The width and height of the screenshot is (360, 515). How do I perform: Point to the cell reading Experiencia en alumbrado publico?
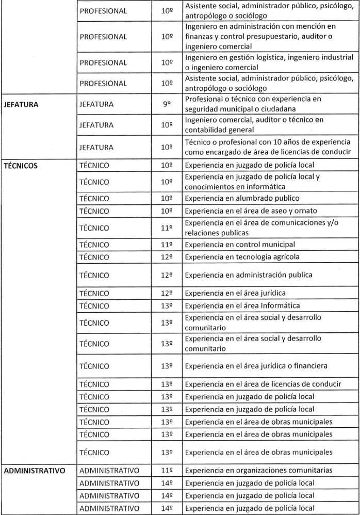[242, 198]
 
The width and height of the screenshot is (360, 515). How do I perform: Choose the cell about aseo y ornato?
[251, 211]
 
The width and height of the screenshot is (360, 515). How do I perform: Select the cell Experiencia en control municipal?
[240, 245]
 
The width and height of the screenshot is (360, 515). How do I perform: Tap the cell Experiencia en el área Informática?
[242, 306]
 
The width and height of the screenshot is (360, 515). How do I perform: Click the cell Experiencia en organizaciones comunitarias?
[258, 470]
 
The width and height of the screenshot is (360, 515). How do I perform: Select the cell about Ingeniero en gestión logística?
[269, 62]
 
